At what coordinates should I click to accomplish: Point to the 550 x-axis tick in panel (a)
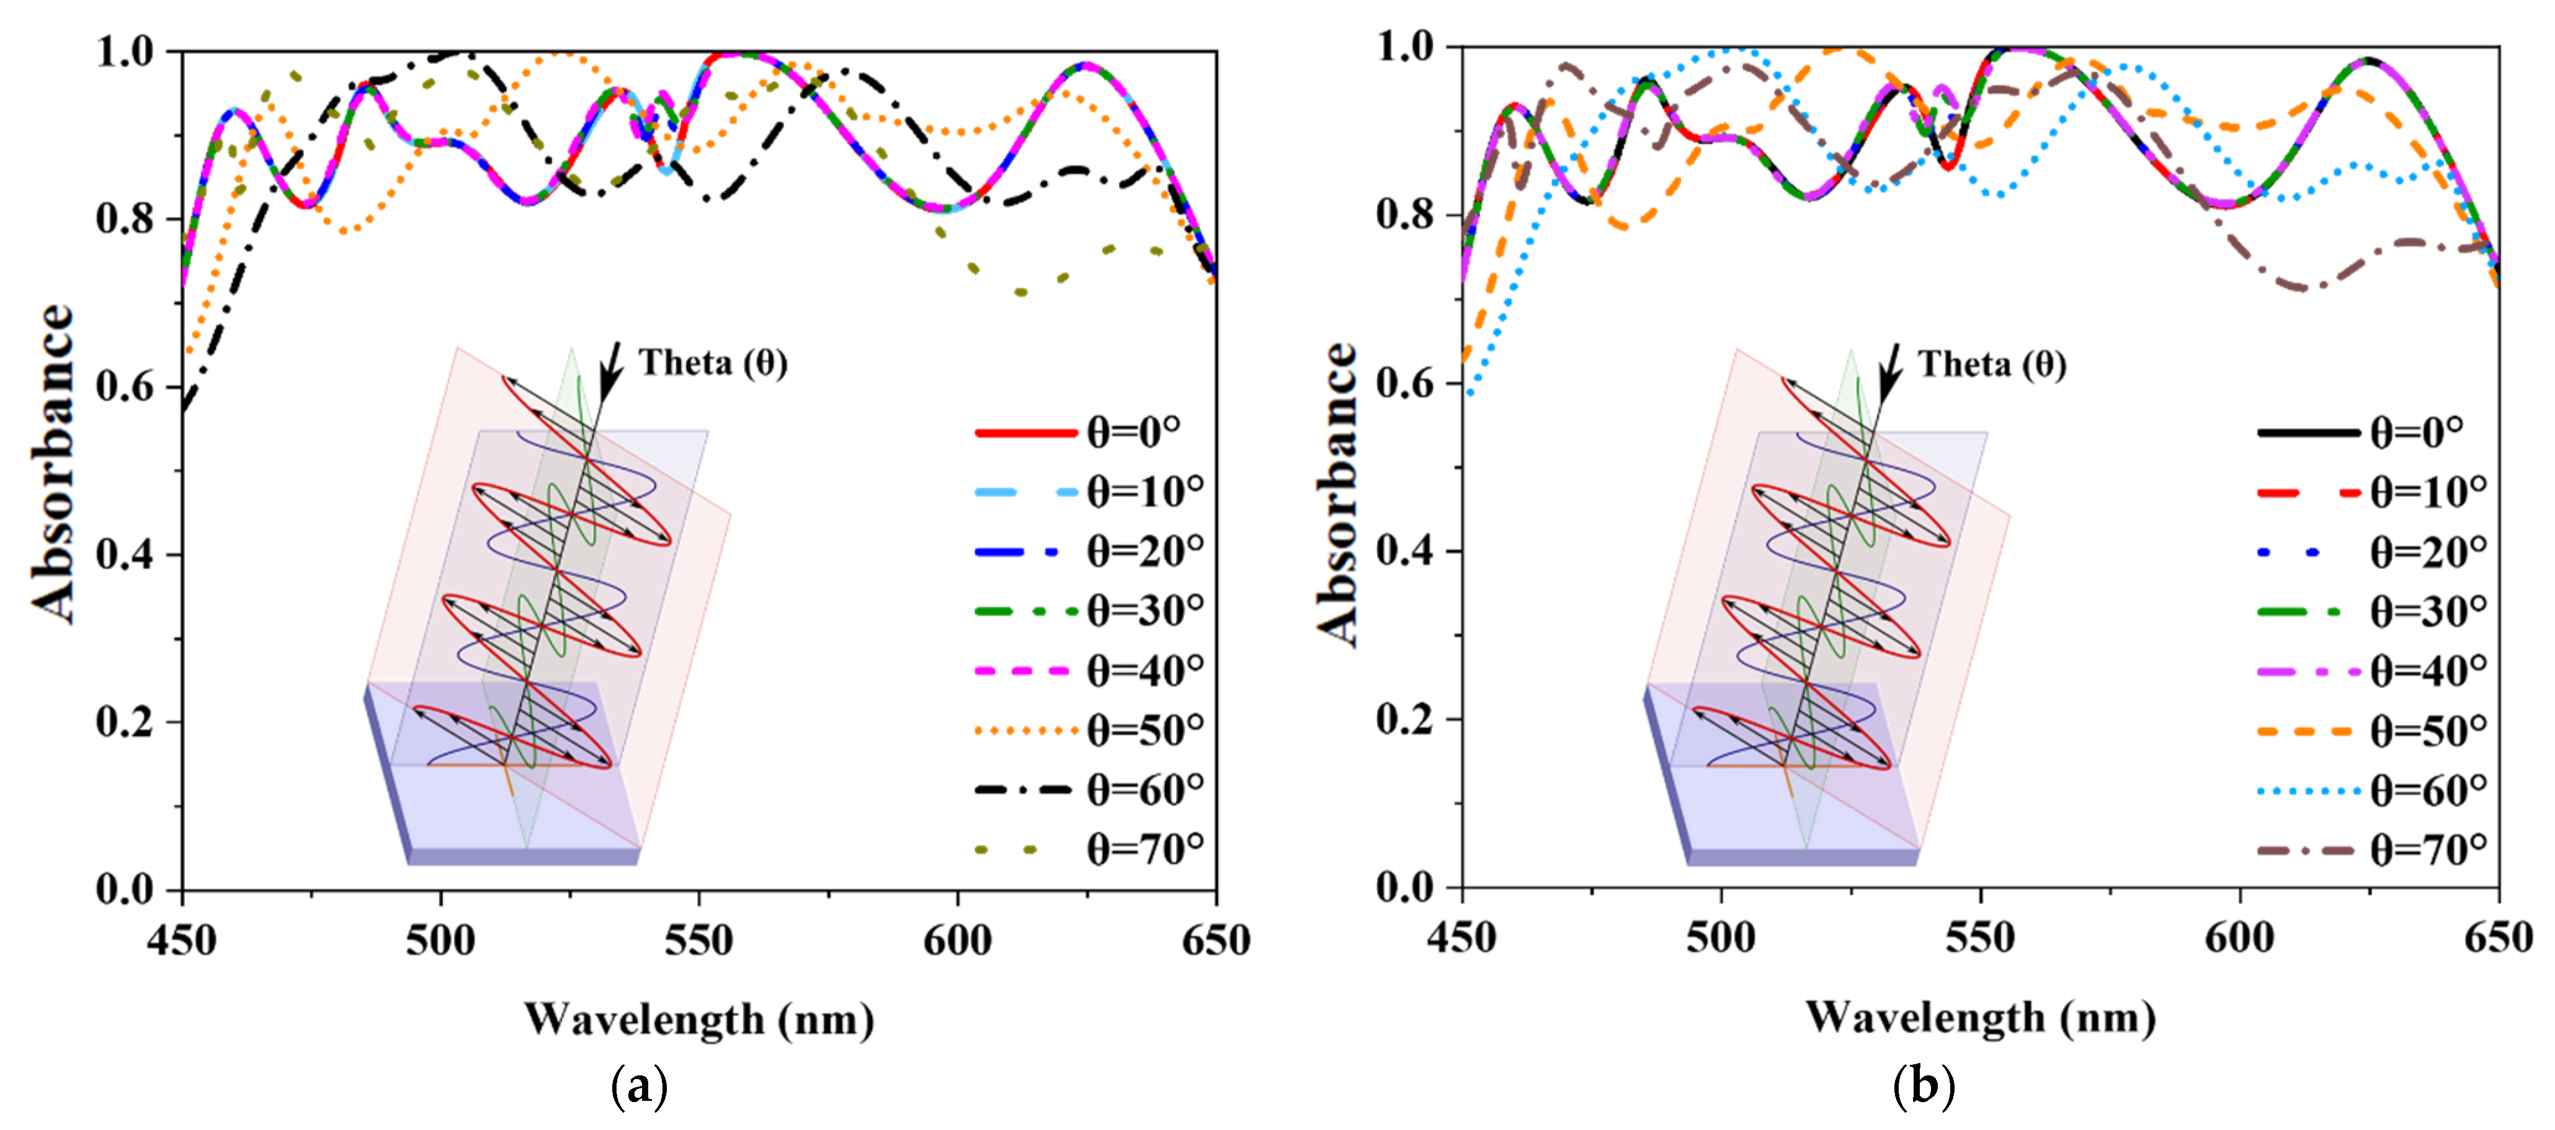(x=699, y=939)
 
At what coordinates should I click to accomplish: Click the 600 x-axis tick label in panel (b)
(x=2240, y=938)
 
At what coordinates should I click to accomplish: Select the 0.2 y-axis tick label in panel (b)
(x=1406, y=719)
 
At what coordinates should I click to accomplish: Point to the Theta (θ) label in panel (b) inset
(x=1992, y=364)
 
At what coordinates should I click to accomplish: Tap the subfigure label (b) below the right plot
(x=1923, y=1087)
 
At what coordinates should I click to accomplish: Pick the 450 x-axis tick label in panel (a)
(x=182, y=939)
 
